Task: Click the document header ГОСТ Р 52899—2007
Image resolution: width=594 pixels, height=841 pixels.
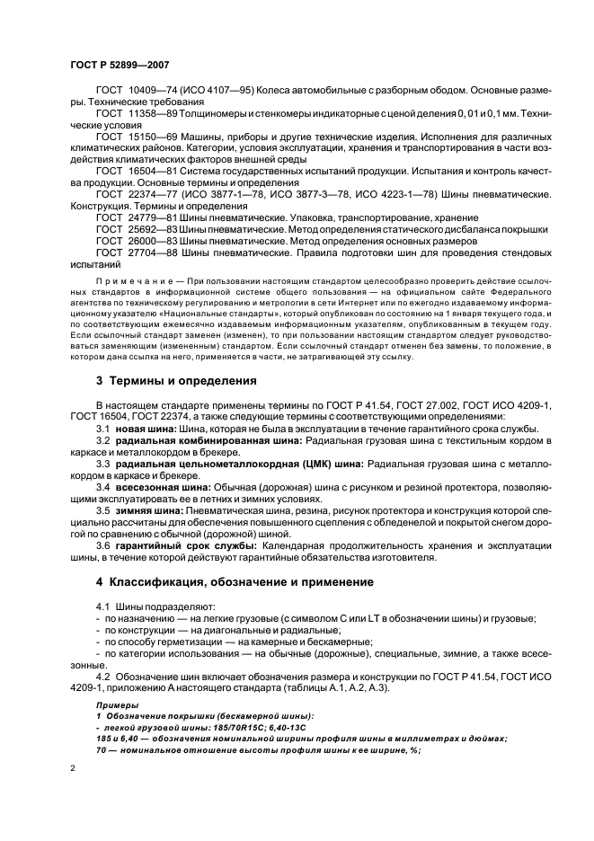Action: click(120, 66)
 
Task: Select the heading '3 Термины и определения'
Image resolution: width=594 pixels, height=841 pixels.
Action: click(176, 380)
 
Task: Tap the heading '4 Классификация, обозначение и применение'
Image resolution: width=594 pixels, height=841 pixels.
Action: click(235, 582)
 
